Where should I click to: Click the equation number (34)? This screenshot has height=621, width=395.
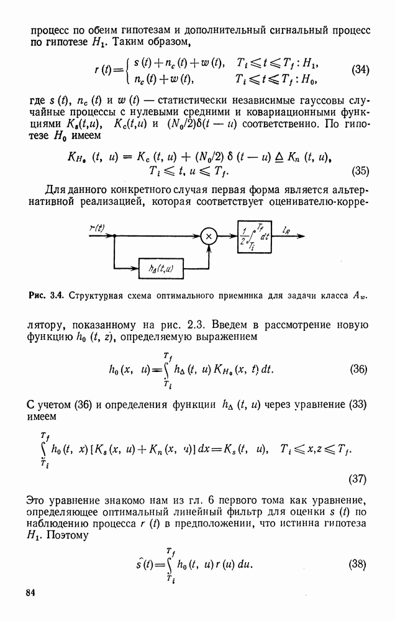pyautogui.click(x=360, y=70)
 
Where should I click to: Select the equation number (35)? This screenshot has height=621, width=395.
pyautogui.click(x=360, y=171)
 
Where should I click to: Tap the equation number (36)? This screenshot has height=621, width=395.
pyautogui.click(x=359, y=369)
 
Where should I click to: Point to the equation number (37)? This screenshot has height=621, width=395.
pyautogui.click(x=357, y=479)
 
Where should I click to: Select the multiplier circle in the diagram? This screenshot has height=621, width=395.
pyautogui.click(x=209, y=236)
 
